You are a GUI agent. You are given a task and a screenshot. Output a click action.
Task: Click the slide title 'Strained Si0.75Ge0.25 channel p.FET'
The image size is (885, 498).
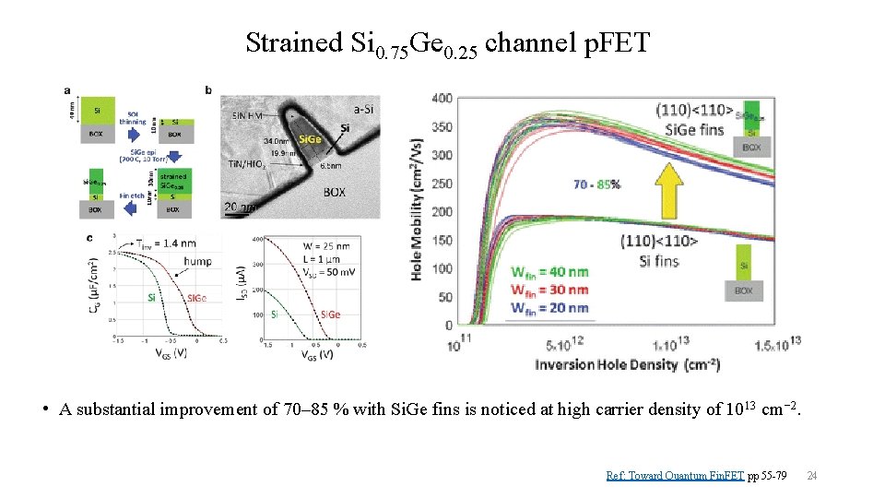tap(448, 43)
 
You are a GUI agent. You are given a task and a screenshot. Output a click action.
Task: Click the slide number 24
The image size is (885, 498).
tap(812, 476)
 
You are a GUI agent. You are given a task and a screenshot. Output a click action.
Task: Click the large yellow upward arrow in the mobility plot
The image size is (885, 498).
tap(670, 186)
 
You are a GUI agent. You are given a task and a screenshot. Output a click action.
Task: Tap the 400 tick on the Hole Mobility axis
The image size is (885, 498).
tap(442, 98)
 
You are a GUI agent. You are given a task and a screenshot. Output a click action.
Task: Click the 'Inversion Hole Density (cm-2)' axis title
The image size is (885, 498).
tap(627, 365)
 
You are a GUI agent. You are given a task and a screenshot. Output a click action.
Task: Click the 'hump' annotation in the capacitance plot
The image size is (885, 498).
tap(196, 261)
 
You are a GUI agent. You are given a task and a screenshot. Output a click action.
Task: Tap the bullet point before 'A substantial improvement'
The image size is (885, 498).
tap(46, 409)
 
